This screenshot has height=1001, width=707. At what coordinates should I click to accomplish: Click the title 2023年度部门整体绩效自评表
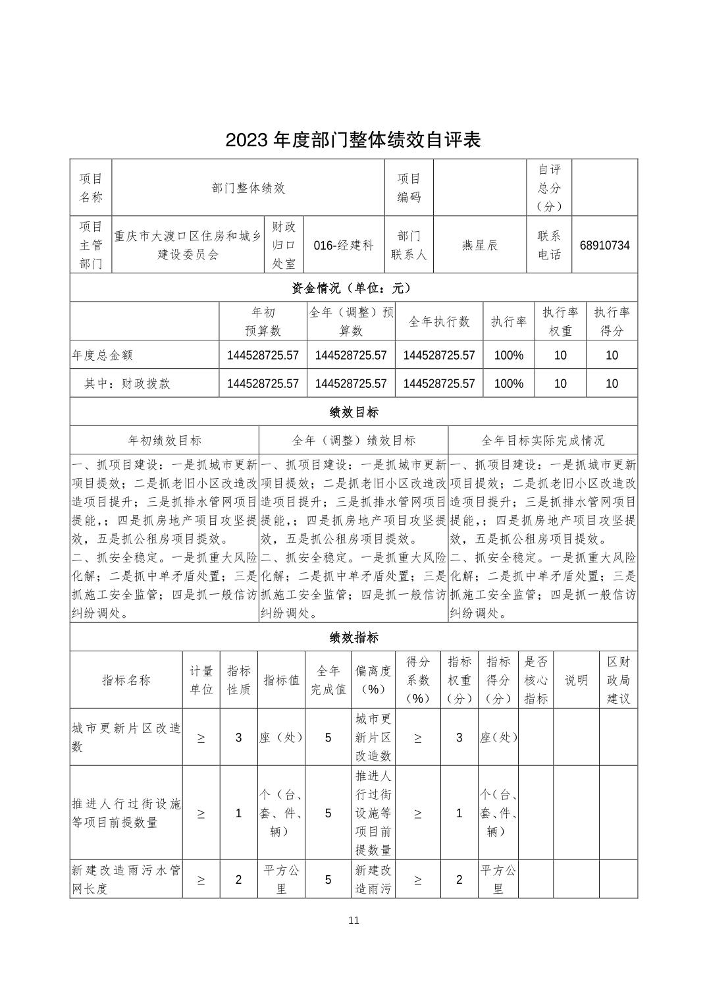click(353, 140)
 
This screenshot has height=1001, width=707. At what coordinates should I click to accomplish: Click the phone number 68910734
click(604, 246)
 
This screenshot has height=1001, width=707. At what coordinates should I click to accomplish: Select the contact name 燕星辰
click(479, 246)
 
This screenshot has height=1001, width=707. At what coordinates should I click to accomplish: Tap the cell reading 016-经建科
click(344, 246)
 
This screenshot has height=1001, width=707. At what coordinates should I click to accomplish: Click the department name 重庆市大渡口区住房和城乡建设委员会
click(188, 245)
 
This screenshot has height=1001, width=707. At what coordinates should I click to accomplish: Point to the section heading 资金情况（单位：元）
click(353, 288)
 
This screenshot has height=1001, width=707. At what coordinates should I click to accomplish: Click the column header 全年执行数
click(439, 321)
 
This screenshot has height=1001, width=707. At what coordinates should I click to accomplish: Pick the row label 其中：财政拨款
click(127, 383)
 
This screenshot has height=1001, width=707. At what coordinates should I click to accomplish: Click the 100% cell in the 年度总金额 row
click(508, 356)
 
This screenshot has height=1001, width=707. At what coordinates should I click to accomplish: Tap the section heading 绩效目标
click(353, 412)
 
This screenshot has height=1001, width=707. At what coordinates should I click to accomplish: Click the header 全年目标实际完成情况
click(542, 440)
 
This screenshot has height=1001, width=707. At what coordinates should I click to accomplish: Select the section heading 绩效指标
click(353, 637)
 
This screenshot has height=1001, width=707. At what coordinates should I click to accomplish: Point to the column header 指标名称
click(126, 680)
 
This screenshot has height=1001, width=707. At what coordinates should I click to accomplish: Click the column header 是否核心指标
click(536, 680)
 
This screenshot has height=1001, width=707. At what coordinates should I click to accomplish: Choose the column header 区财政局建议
click(618, 680)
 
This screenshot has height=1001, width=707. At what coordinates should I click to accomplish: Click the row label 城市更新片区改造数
click(126, 738)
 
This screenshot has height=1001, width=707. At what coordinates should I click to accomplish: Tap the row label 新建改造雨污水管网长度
click(126, 880)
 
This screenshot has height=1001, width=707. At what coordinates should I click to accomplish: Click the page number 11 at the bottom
click(353, 921)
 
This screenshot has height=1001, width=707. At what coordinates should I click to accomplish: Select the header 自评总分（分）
click(549, 188)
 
